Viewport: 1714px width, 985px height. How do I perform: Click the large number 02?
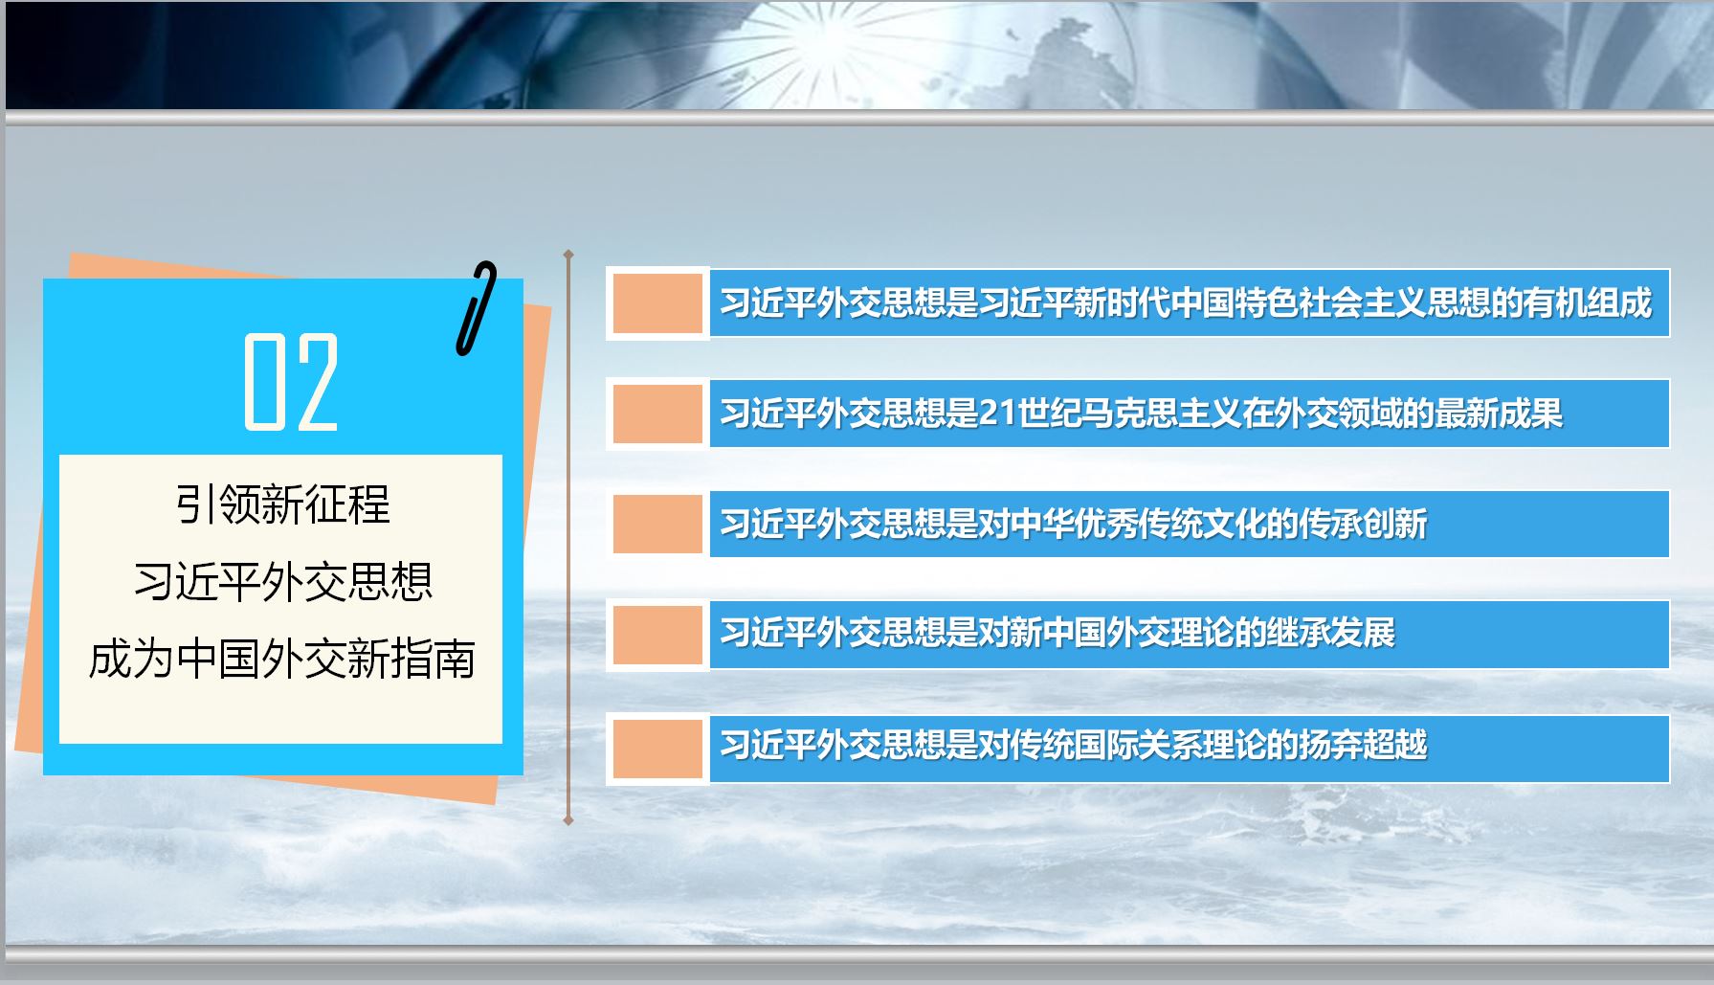(x=291, y=381)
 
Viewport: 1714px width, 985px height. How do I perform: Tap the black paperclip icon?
(x=477, y=308)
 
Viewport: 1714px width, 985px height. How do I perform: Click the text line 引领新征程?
(x=282, y=504)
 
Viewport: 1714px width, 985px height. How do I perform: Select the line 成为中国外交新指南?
(x=282, y=659)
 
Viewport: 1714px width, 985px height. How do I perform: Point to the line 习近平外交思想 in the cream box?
(x=282, y=581)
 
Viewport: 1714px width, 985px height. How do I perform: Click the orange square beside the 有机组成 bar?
(x=657, y=303)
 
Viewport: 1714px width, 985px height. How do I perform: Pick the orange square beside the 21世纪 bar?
(x=657, y=414)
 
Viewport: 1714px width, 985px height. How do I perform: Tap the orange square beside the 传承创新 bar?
(x=657, y=524)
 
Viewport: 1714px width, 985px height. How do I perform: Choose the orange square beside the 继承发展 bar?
(x=657, y=635)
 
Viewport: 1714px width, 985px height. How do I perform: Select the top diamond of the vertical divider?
(x=568, y=255)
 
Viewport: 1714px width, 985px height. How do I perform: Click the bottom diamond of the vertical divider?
(x=568, y=820)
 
